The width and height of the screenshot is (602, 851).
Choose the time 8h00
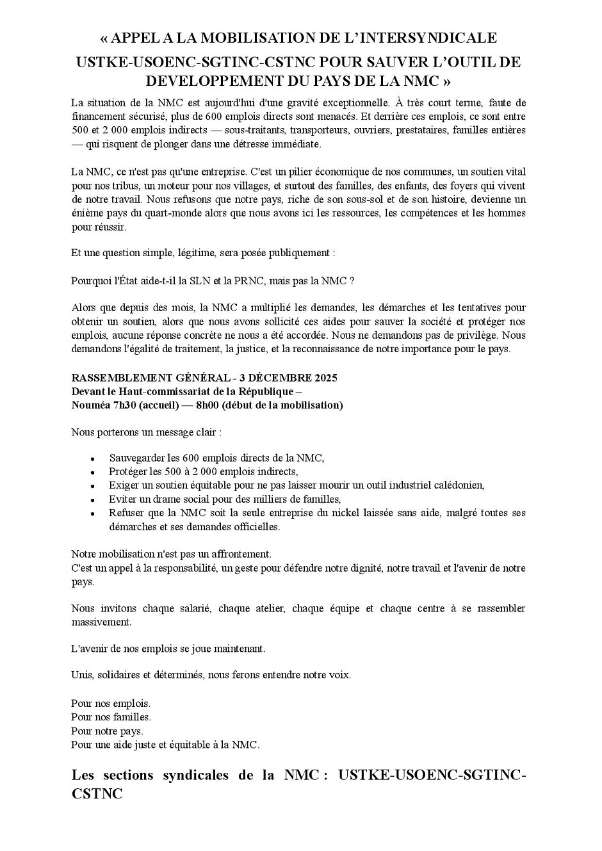tap(208, 405)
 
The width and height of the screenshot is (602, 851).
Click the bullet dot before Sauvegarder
tap(93, 459)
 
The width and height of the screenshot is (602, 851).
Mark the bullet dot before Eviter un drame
tap(93, 500)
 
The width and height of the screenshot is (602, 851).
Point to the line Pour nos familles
tap(111, 717)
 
